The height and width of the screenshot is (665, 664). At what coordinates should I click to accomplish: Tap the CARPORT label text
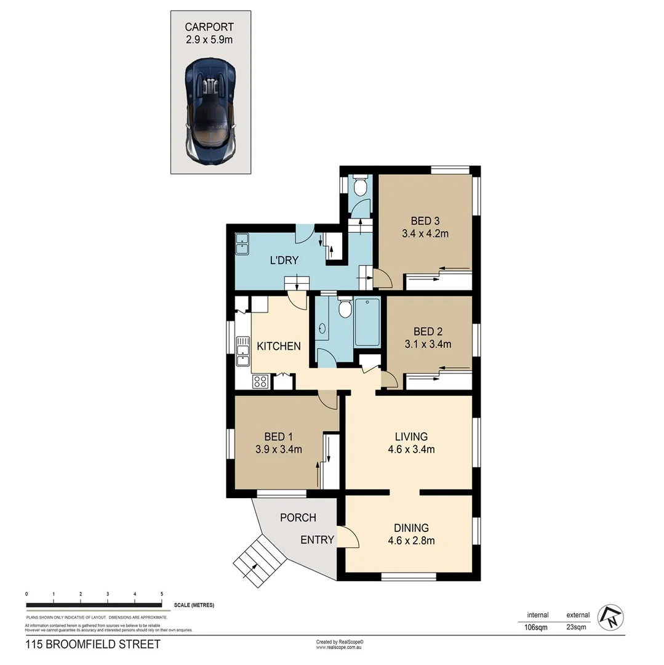tap(210, 27)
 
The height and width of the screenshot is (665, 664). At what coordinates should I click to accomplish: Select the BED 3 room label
tap(424, 221)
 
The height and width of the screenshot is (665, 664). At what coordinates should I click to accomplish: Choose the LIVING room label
tap(411, 437)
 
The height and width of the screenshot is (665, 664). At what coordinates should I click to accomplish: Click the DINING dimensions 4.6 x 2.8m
tap(411, 541)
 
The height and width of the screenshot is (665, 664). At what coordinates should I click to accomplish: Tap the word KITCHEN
tap(278, 346)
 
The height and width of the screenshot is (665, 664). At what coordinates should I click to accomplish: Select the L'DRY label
tap(284, 260)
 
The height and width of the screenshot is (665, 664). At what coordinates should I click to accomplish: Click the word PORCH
tap(298, 517)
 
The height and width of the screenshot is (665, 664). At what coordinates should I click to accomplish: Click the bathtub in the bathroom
tap(367, 322)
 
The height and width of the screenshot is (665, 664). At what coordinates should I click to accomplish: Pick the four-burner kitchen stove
tap(260, 381)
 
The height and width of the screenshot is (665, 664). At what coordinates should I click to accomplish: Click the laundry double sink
tap(242, 244)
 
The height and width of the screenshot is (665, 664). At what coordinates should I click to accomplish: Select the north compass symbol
tap(612, 617)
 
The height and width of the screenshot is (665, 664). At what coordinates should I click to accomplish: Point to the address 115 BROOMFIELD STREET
tap(92, 645)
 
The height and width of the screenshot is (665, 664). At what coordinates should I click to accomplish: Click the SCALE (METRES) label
tap(194, 605)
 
